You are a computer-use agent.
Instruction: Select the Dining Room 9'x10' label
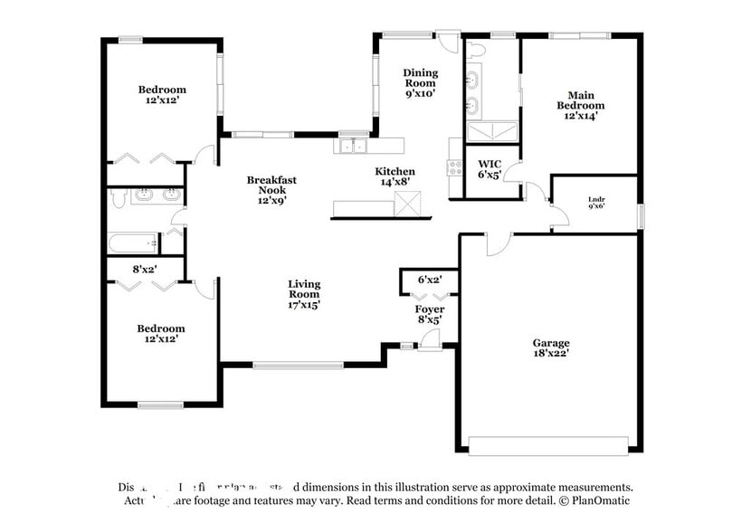tap(420, 82)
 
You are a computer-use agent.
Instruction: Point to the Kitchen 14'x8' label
tap(395, 176)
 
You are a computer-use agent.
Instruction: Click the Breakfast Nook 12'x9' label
tap(271, 190)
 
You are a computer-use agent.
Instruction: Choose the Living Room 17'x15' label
tap(304, 295)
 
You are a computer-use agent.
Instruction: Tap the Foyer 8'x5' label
tap(429, 315)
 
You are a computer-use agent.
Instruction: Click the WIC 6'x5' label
tap(489, 168)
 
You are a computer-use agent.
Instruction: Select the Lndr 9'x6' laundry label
tap(596, 204)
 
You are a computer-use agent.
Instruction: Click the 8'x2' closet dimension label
tap(146, 269)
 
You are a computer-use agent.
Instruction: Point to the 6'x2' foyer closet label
tap(429, 280)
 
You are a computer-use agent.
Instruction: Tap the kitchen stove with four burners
tap(455, 169)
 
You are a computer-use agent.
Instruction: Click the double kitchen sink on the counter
tap(352, 146)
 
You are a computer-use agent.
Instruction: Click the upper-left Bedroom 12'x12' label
tap(162, 95)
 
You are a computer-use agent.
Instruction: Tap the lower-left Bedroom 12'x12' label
tap(161, 333)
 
